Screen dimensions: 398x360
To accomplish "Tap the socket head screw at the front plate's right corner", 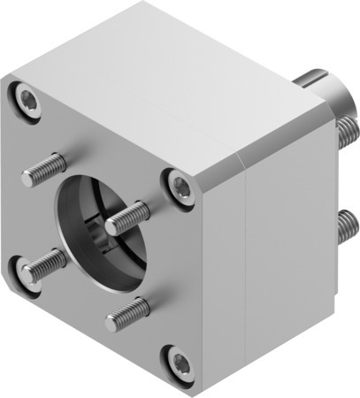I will tap(180, 185).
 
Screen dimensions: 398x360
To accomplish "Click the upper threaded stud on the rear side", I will tap(347, 134).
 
